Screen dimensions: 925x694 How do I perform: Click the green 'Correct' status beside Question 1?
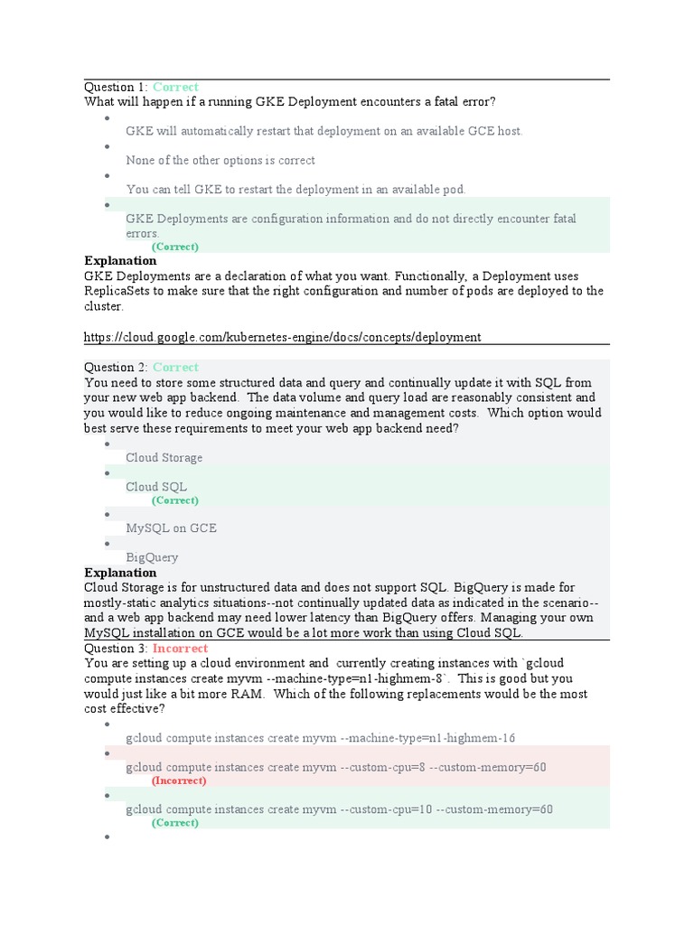click(175, 88)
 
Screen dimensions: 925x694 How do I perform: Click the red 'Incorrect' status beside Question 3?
click(180, 649)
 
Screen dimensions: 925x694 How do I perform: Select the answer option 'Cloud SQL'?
click(156, 487)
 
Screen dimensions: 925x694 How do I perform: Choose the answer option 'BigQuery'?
click(152, 557)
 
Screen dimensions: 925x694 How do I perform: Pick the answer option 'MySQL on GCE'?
click(171, 528)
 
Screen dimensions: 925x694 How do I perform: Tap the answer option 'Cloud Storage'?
click(164, 458)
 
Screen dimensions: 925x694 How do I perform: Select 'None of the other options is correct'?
click(220, 161)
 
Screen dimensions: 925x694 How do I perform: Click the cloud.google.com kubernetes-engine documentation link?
click(282, 337)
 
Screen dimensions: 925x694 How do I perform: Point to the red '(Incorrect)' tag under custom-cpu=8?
click(179, 780)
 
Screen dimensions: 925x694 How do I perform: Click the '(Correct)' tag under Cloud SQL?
click(174, 500)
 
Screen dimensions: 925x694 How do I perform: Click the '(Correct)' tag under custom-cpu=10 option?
click(174, 823)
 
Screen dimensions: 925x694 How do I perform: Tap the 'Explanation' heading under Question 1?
click(120, 261)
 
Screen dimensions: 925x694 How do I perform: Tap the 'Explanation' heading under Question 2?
click(120, 573)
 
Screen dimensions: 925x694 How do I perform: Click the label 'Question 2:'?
click(116, 368)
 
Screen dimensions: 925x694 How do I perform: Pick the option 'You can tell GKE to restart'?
click(295, 190)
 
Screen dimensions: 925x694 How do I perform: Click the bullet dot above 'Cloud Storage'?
click(108, 444)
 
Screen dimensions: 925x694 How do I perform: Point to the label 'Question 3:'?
click(116, 649)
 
